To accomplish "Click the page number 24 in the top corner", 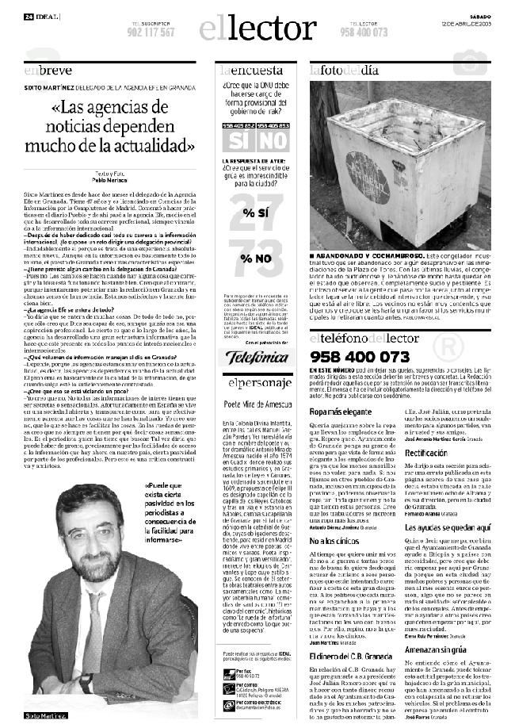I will click(x=28, y=17).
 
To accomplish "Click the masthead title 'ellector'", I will click(x=257, y=29).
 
